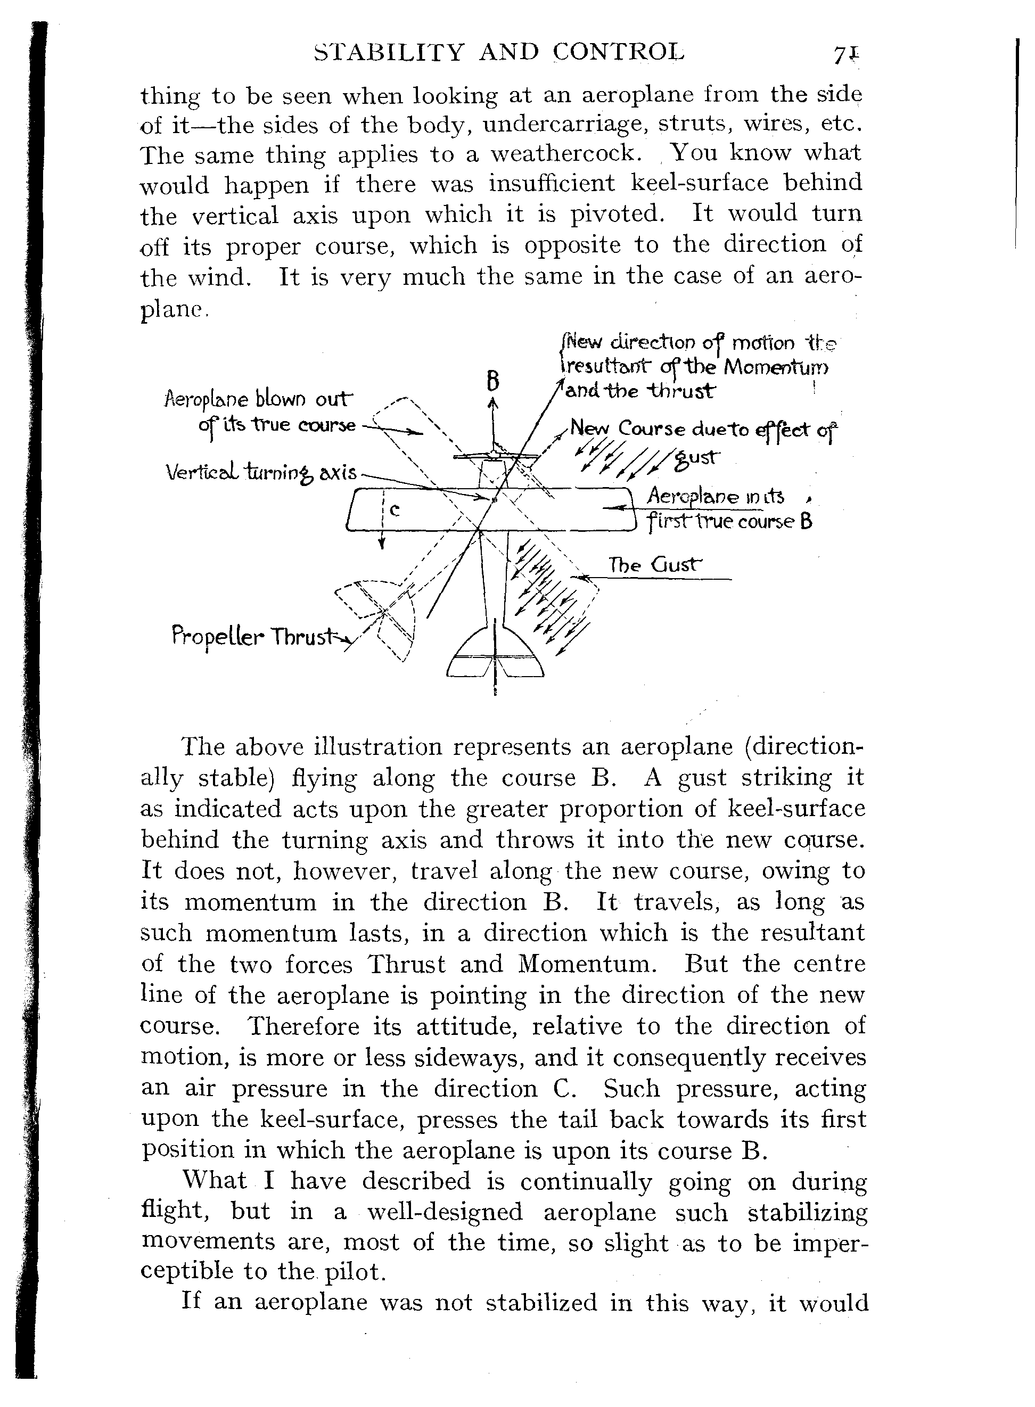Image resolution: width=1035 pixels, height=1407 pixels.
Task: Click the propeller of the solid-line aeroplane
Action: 495,456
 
